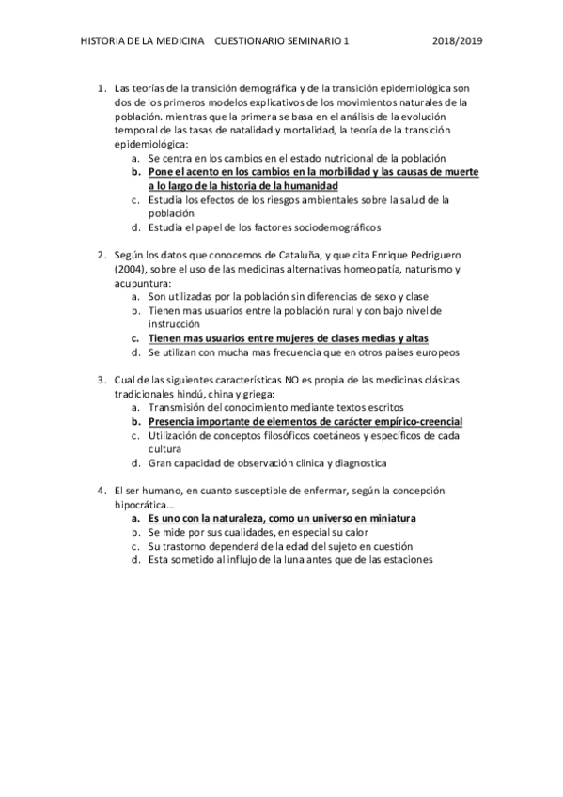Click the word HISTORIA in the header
[102, 41]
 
